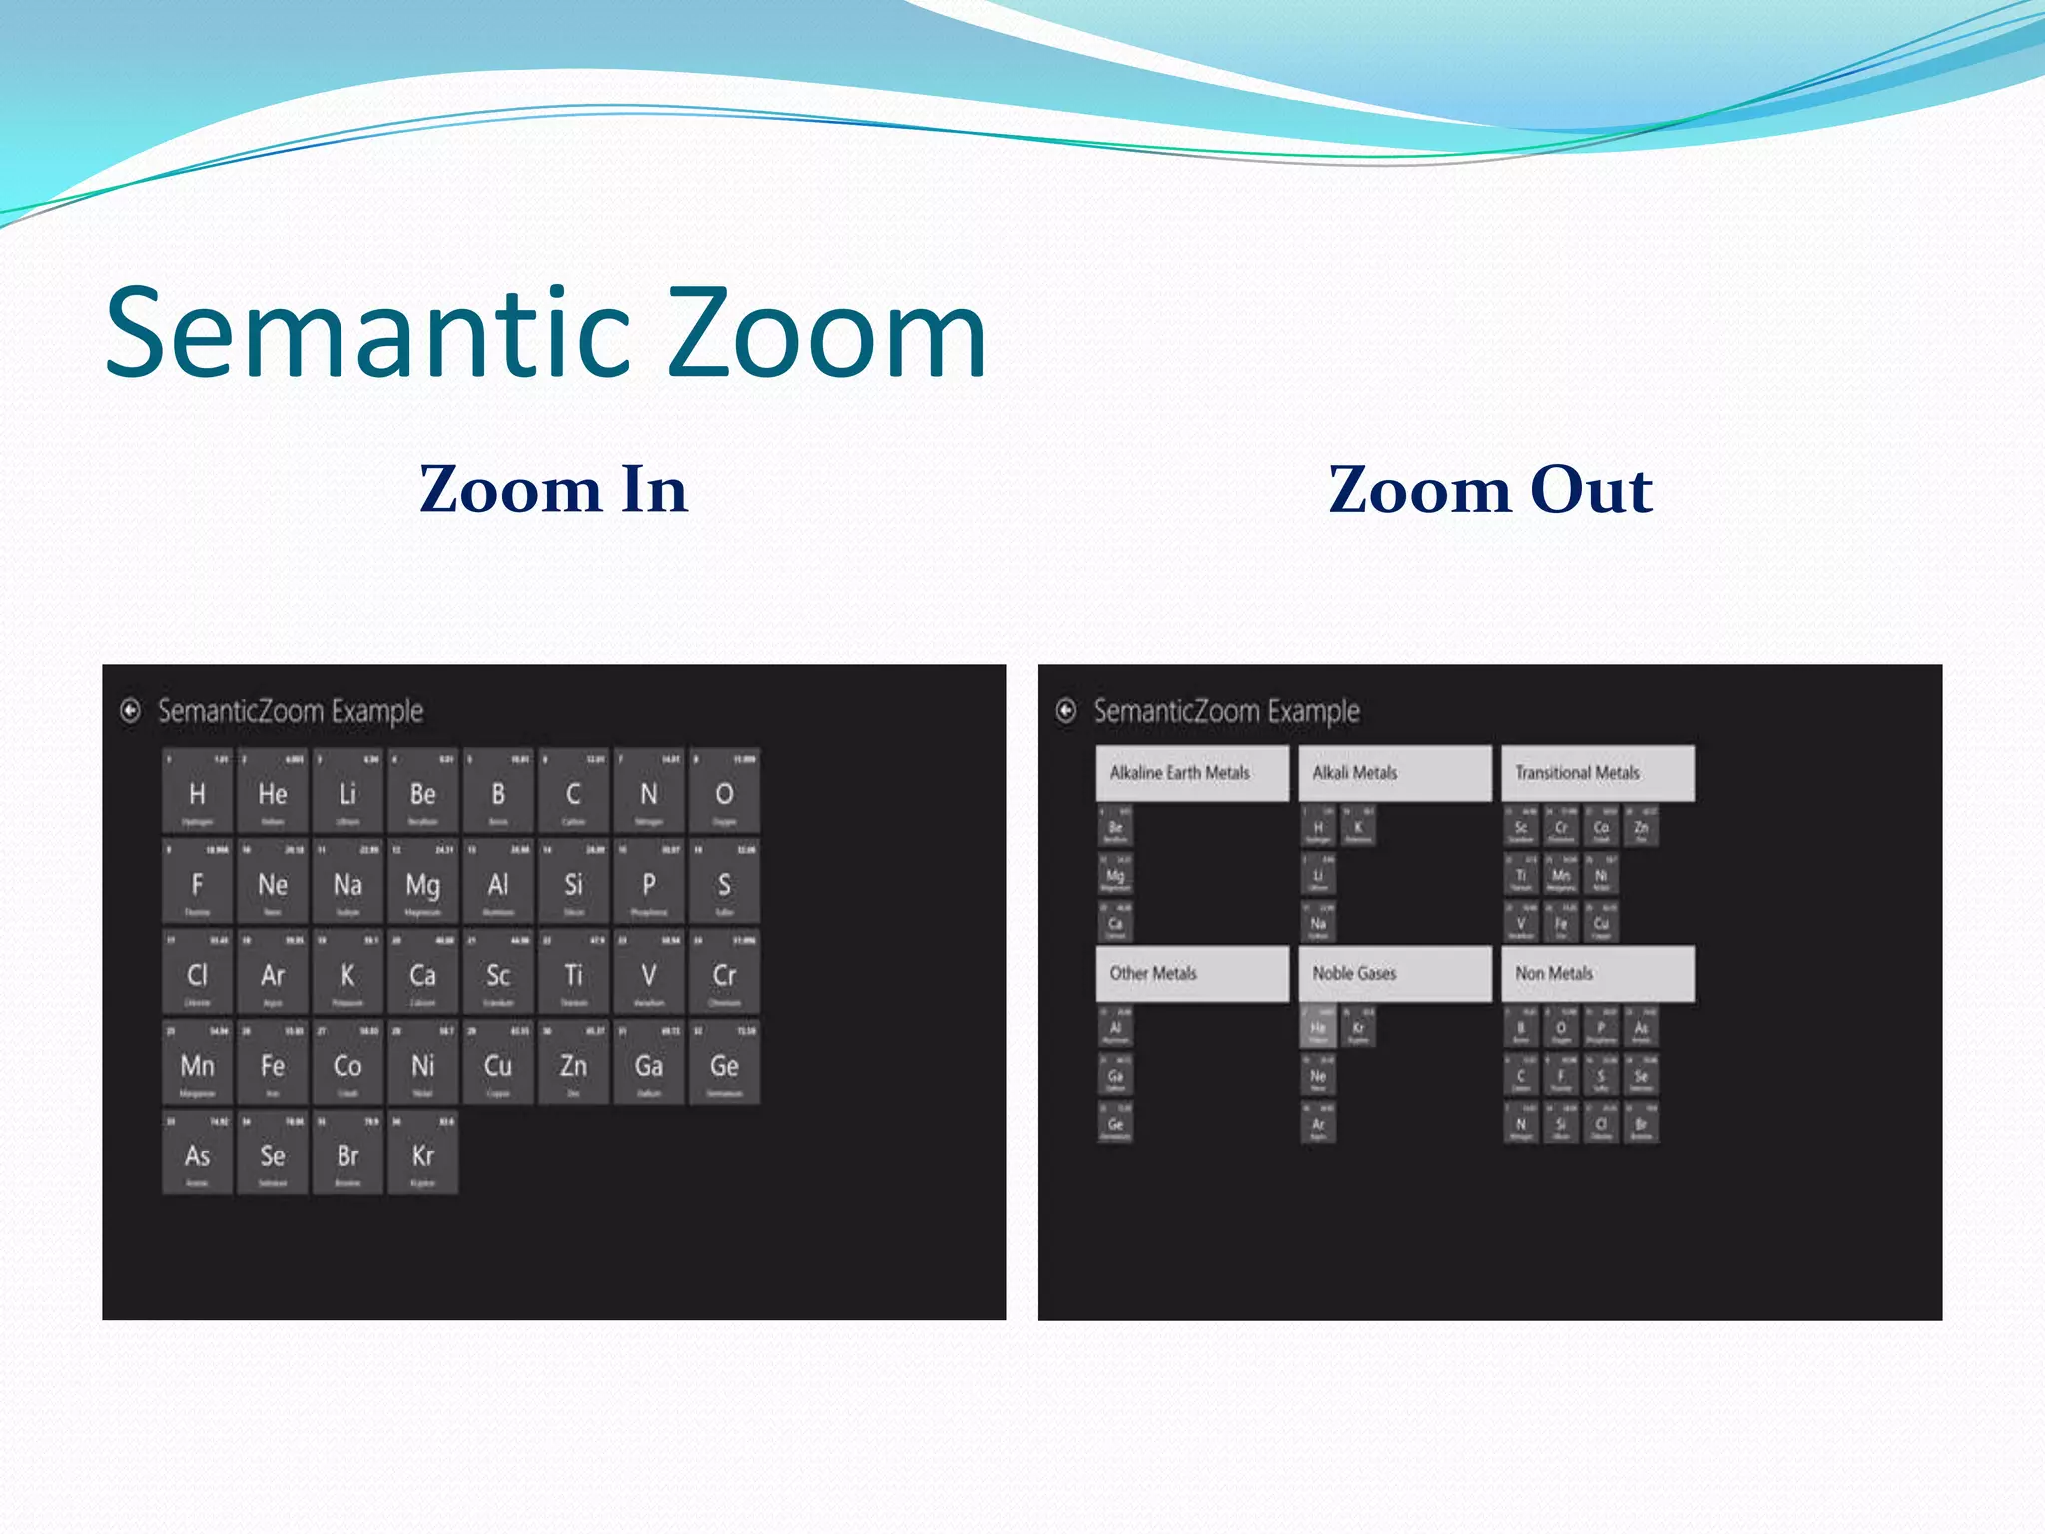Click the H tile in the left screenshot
click(x=197, y=792)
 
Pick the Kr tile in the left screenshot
click(x=422, y=1154)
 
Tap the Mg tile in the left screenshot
click(x=422, y=883)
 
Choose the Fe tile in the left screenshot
click(x=273, y=1064)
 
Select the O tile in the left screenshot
click(x=724, y=792)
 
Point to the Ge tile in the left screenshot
click(x=724, y=1064)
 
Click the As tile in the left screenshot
click(x=197, y=1154)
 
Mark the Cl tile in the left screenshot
click(x=197, y=974)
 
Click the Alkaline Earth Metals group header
click(x=1192, y=773)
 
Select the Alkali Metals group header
click(x=1395, y=773)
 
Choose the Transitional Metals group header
click(x=1598, y=773)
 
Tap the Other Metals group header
click(x=1192, y=973)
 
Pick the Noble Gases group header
click(x=1395, y=973)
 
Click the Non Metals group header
click(x=1598, y=973)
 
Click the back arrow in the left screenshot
click(x=130, y=710)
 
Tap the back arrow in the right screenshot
click(x=1066, y=710)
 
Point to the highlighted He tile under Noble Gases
click(x=1318, y=1027)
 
